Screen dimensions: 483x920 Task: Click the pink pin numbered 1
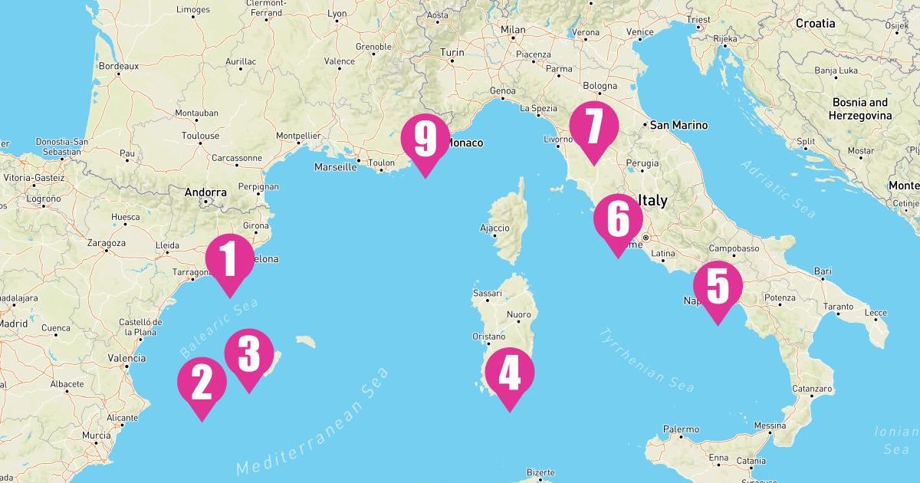(x=229, y=259)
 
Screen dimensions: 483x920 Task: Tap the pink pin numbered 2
(x=202, y=383)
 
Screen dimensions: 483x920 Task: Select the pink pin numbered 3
(x=248, y=354)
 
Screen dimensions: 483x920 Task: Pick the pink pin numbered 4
(x=509, y=373)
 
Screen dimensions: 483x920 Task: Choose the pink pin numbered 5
(x=718, y=287)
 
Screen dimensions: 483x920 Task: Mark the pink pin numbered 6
(x=617, y=219)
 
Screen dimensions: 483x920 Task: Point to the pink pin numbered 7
(x=593, y=127)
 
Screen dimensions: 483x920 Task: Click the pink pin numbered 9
(x=426, y=139)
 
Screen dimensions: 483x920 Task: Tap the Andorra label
(x=205, y=192)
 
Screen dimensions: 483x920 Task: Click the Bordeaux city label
(x=118, y=66)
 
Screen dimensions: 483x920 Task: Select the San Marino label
(x=679, y=125)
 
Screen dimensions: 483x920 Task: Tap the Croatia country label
(x=815, y=23)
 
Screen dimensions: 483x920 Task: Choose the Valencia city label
(x=127, y=358)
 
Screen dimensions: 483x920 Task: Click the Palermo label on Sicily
(x=681, y=429)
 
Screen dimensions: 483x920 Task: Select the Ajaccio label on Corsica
(x=495, y=228)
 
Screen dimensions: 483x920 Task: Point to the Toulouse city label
(x=199, y=136)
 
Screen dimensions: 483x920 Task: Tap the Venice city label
(x=639, y=32)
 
